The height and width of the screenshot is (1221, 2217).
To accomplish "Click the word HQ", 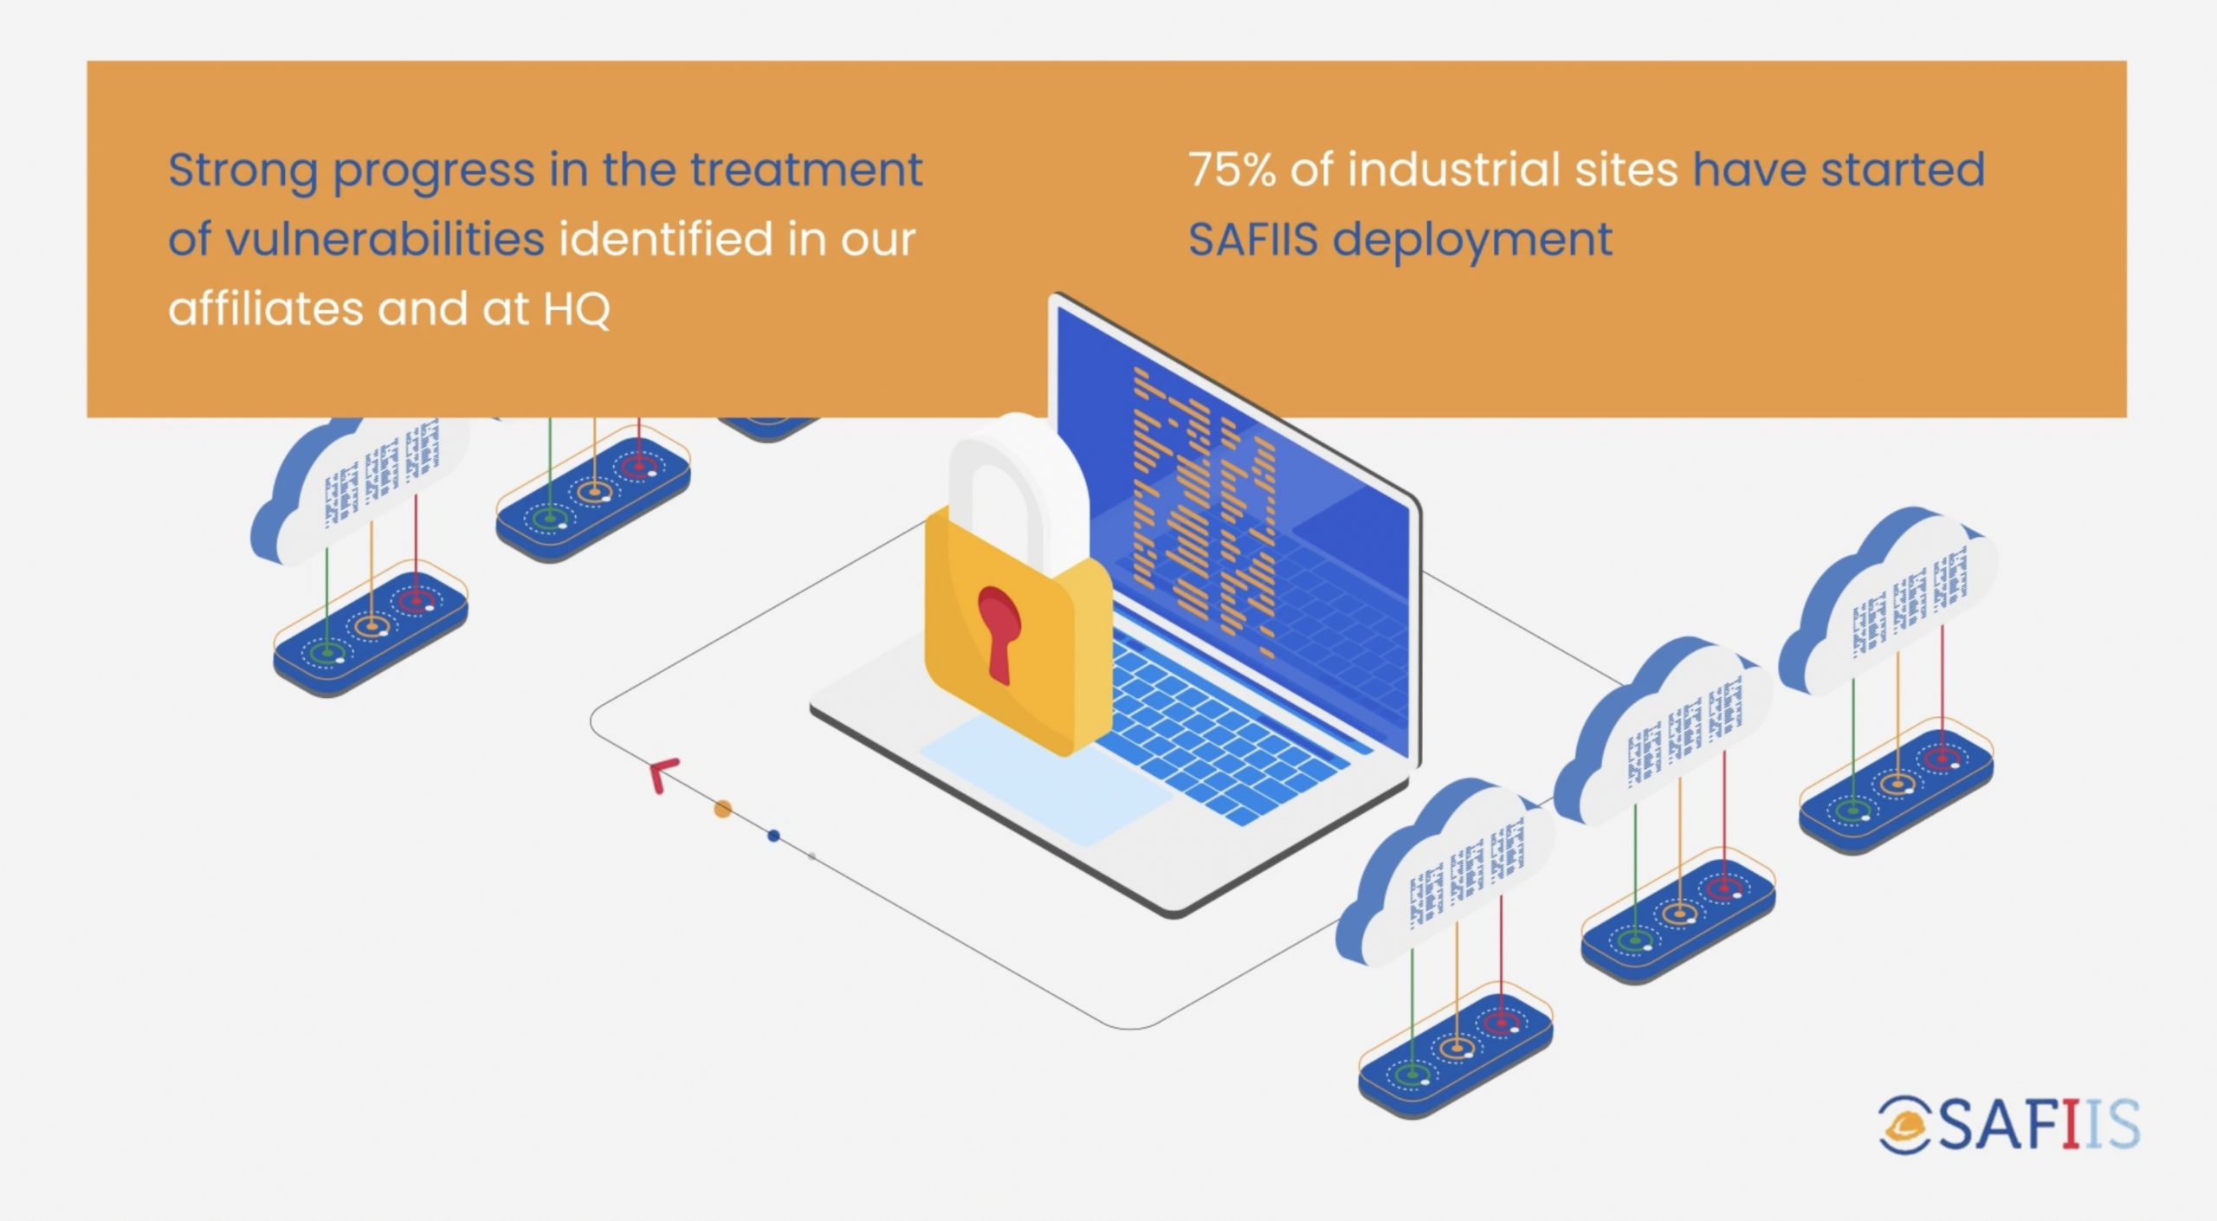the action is (577, 309).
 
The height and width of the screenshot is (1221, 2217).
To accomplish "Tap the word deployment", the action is (1472, 241).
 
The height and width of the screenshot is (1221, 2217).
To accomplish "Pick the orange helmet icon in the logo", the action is (1904, 1125).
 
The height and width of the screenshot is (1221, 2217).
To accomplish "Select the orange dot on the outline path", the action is (722, 809).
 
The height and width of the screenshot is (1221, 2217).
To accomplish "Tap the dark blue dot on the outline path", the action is (773, 836).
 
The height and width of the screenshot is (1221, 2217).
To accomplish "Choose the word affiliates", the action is (265, 308).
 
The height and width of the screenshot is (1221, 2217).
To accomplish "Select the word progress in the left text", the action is (433, 171).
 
